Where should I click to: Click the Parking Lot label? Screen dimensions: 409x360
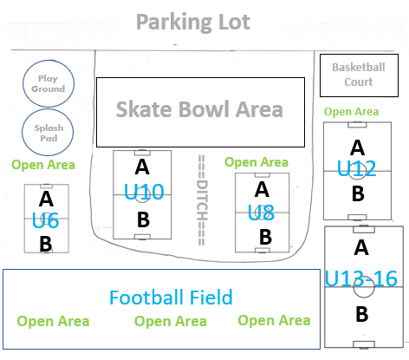(193, 23)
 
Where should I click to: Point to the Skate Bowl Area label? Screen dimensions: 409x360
(199, 109)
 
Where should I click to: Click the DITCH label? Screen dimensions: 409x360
(202, 200)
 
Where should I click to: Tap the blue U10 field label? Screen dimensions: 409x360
(144, 192)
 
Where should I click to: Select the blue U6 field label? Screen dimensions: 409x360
(45, 220)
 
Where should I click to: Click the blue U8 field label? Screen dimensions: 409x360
(261, 213)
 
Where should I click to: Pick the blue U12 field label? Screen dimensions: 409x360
(356, 168)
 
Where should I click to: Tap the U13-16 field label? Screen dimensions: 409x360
(361, 278)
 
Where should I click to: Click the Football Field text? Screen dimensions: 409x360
(171, 298)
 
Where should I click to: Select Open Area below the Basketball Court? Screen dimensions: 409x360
(351, 112)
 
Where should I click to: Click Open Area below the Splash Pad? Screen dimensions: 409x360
(43, 165)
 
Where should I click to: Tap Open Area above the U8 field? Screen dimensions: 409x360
(256, 162)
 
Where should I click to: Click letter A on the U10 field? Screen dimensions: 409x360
(142, 167)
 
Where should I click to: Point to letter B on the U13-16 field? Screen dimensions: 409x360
(362, 314)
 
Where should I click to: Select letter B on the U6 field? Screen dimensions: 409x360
(46, 244)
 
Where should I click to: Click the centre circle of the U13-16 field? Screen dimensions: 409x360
(364, 287)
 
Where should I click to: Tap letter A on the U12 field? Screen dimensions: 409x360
(358, 147)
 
